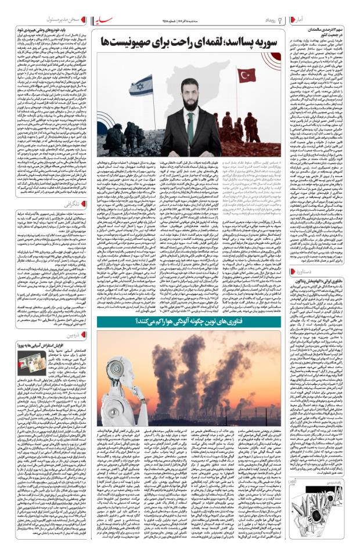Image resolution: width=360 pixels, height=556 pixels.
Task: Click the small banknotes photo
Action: coord(27,362)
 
